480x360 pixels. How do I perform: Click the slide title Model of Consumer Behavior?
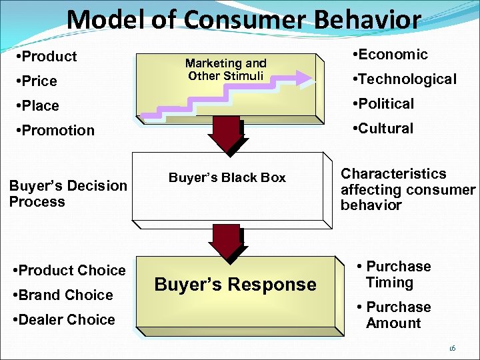pyautogui.click(x=243, y=19)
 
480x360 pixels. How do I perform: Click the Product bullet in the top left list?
pyautogui.click(x=46, y=57)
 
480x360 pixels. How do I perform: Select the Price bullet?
pyautogui.click(x=39, y=81)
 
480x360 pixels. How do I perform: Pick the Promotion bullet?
pyautogui.click(x=55, y=131)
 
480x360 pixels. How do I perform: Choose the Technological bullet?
pyautogui.click(x=407, y=79)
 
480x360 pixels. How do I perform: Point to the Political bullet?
pyautogui.click(x=386, y=104)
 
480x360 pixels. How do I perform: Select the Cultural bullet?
pyautogui.click(x=385, y=129)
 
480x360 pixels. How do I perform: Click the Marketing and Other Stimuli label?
pyautogui.click(x=227, y=69)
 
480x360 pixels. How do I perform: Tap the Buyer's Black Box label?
pyautogui.click(x=227, y=178)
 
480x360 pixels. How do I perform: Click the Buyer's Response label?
pyautogui.click(x=235, y=285)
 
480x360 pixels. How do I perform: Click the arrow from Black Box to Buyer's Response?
pyautogui.click(x=227, y=241)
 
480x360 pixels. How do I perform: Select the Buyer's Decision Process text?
pyautogui.click(x=68, y=193)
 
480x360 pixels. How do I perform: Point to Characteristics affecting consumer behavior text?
pyautogui.click(x=407, y=189)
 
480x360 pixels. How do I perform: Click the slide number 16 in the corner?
pyautogui.click(x=452, y=348)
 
